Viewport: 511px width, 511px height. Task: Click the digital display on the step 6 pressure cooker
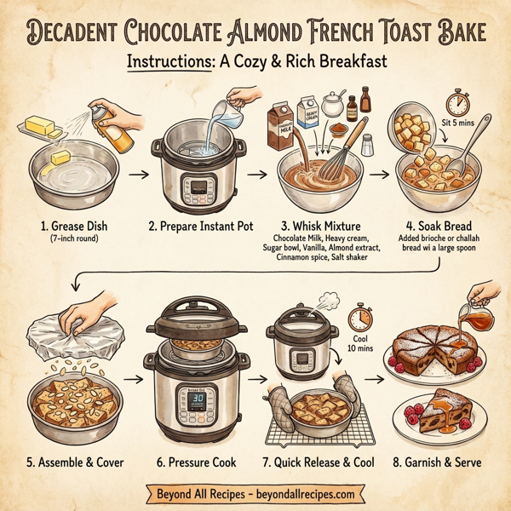point(194,397)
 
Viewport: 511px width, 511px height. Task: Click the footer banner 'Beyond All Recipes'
point(255,493)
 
